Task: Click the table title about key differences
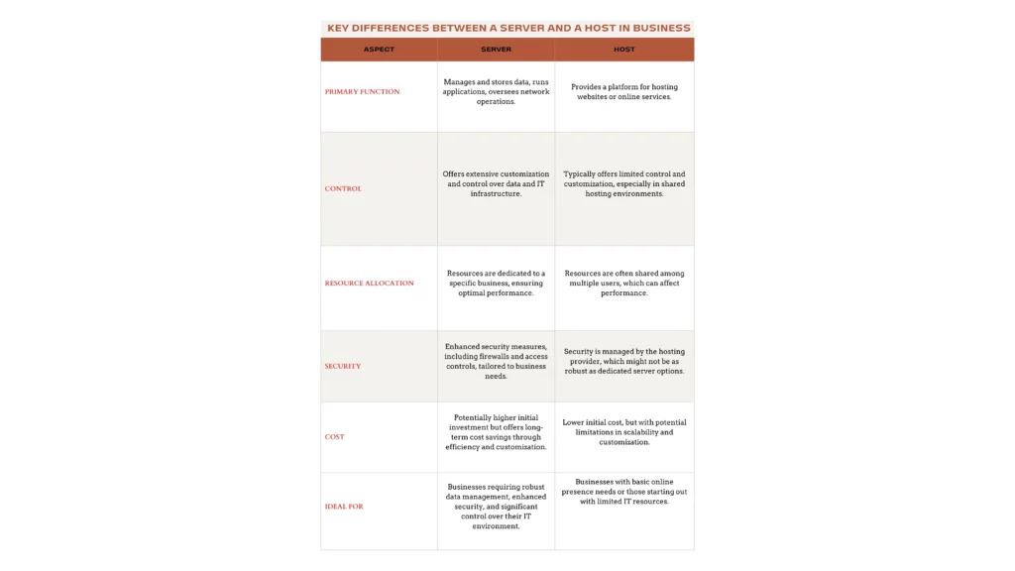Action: coord(507,28)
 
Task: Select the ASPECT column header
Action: coord(379,50)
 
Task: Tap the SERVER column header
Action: coord(496,50)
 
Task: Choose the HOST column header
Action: coord(623,50)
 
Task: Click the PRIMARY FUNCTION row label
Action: coord(362,91)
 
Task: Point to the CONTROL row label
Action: coord(343,188)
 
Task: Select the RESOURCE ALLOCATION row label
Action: coord(369,284)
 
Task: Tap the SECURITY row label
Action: coord(343,366)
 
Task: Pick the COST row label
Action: coord(335,436)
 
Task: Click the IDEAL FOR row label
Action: coord(344,507)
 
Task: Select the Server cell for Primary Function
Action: coord(496,91)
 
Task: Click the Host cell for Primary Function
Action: coord(623,91)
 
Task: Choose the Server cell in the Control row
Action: coord(496,183)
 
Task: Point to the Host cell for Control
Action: coord(623,183)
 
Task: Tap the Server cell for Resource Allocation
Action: coord(496,284)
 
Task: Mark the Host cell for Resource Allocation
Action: coord(623,284)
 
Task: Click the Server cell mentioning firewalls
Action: coord(496,362)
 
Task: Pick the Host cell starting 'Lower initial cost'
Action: coord(623,432)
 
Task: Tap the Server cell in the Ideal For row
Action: coord(496,507)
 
